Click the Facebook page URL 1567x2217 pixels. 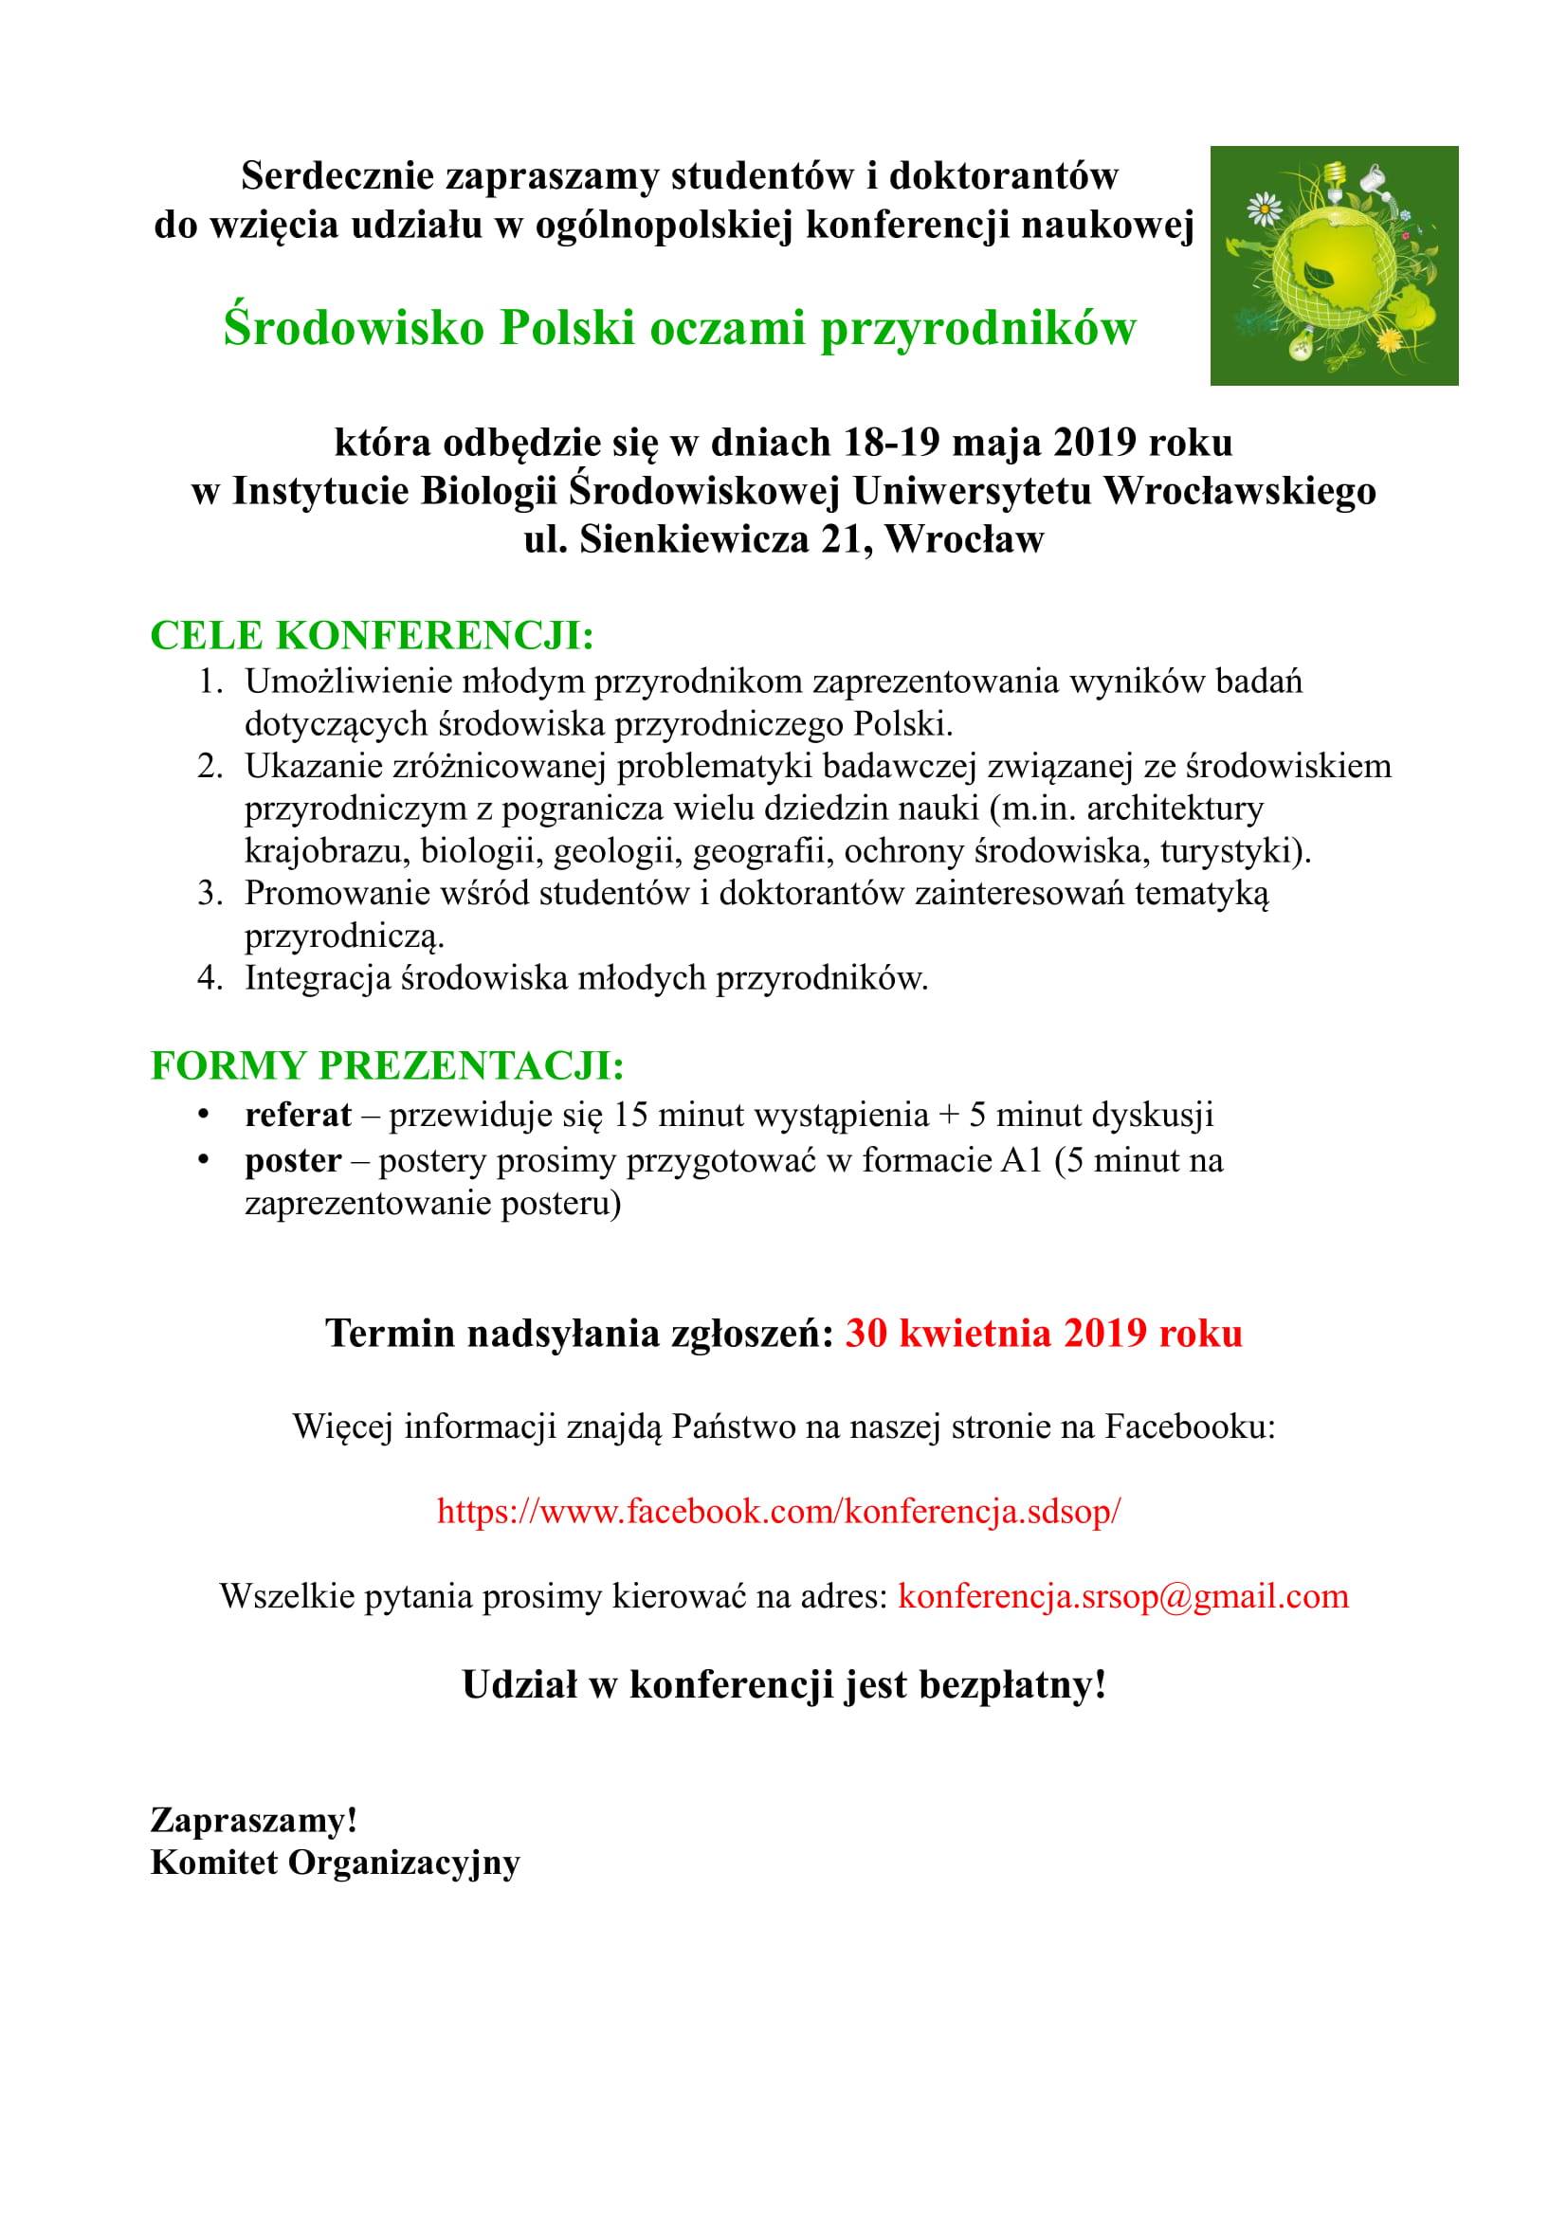pyautogui.click(x=779, y=1510)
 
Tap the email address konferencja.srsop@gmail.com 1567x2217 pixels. pyautogui.click(x=1122, y=1595)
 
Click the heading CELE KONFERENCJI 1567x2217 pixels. pyautogui.click(x=372, y=635)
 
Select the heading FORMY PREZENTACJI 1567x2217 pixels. pyautogui.click(x=387, y=1067)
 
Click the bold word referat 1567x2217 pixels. pyautogui.click(x=299, y=1115)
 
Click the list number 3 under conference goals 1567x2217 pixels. pyautogui.click(x=210, y=893)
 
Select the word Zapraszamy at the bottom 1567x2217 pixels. pyautogui.click(x=254, y=1821)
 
